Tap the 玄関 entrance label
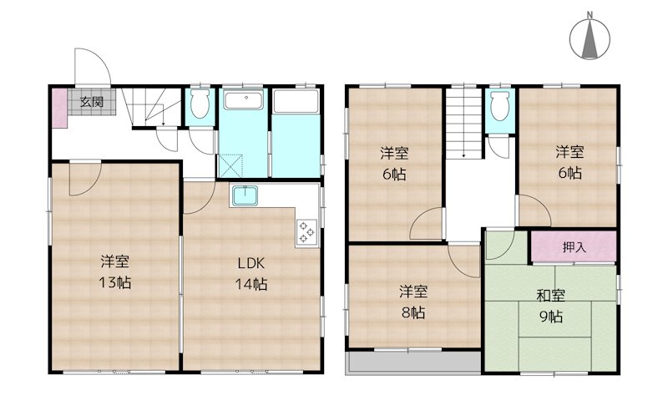pyautogui.click(x=92, y=103)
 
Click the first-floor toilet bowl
pyautogui.click(x=200, y=105)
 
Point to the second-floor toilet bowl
pyautogui.click(x=499, y=107)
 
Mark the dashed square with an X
pyautogui.click(x=230, y=165)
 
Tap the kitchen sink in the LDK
pyautogui.click(x=245, y=197)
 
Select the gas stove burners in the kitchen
pyautogui.click(x=304, y=231)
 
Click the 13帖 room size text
pyautogui.click(x=115, y=282)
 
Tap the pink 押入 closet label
pyautogui.click(x=574, y=247)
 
